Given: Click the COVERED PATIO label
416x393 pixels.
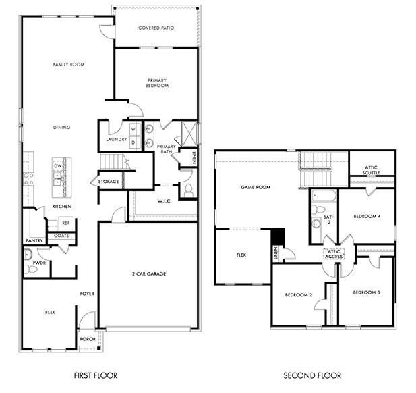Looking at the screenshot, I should point(156,28).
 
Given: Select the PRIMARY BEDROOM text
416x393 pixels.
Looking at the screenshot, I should point(157,83).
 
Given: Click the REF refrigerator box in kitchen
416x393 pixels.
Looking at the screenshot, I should point(66,222).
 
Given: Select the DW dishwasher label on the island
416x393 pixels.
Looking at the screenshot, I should point(58,165).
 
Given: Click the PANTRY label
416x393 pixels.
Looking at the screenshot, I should point(34,240).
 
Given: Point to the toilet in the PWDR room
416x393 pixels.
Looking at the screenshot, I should point(28,256).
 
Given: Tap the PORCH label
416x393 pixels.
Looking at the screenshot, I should point(88,339).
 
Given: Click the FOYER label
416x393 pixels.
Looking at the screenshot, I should point(87,294).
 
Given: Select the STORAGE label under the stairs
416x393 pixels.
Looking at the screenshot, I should point(109,182).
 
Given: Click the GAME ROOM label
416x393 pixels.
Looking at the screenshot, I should point(256,187).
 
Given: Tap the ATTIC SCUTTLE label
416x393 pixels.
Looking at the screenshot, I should point(372,170).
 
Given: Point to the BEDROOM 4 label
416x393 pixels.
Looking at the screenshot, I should point(367,217).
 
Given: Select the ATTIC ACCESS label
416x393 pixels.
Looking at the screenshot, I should point(335,255).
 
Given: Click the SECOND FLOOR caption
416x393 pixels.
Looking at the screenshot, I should point(311,375).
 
